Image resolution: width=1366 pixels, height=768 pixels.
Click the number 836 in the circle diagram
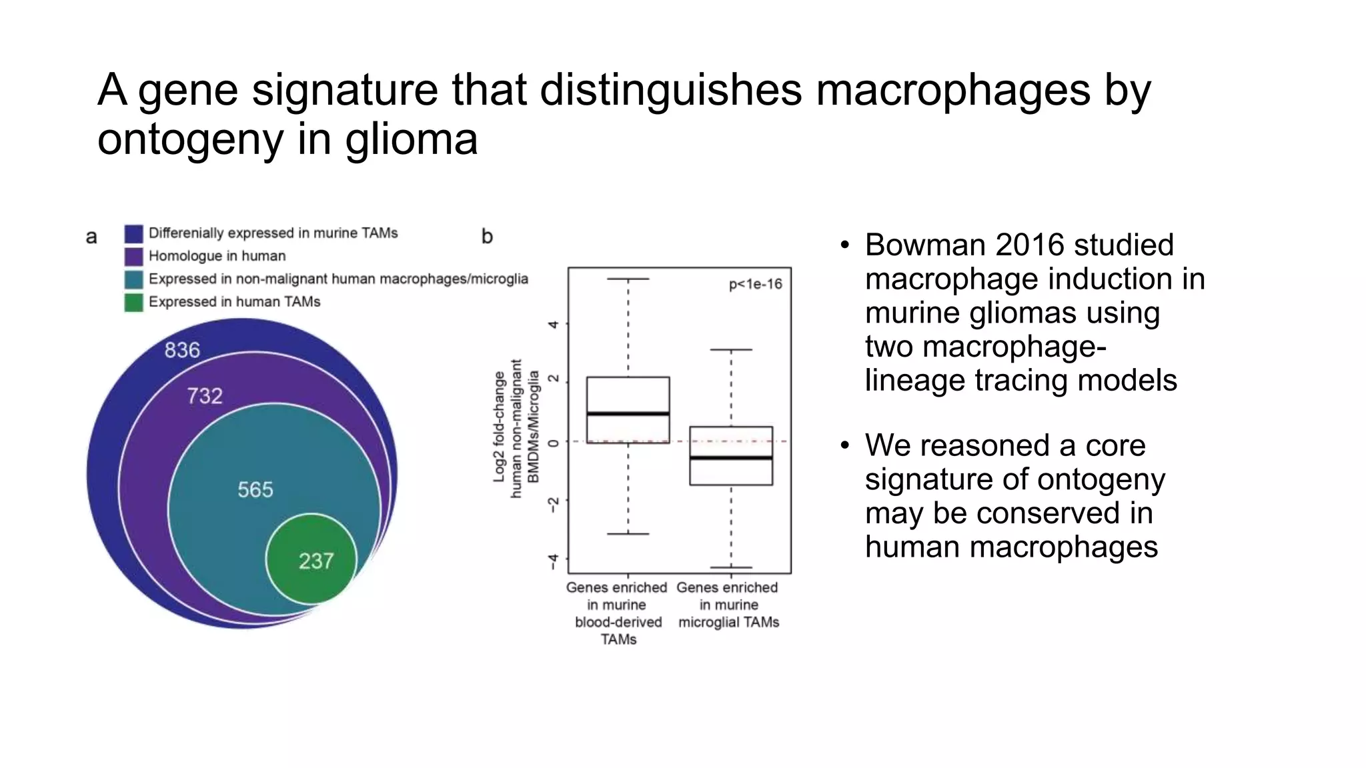pyautogui.click(x=182, y=350)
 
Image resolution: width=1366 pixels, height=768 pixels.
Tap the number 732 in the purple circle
pyautogui.click(x=204, y=396)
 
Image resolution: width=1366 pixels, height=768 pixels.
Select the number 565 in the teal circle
pyautogui.click(x=255, y=490)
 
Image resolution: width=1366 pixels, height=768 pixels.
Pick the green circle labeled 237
pyautogui.click(x=312, y=559)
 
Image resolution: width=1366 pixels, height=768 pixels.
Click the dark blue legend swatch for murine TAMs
pyautogui.click(x=133, y=233)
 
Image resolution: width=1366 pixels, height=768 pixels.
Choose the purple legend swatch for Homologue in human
pyautogui.click(x=133, y=256)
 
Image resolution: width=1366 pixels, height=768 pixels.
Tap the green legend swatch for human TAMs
pyautogui.click(x=133, y=302)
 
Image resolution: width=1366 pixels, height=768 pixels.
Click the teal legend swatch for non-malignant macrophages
pyautogui.click(x=133, y=279)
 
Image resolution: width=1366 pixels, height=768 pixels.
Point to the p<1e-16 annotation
pyautogui.click(x=755, y=285)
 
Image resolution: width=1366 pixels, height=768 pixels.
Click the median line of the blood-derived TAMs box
pyautogui.click(x=628, y=414)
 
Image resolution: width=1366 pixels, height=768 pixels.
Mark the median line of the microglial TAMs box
pyautogui.click(x=731, y=458)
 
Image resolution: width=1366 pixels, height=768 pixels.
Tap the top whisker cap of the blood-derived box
pyautogui.click(x=628, y=279)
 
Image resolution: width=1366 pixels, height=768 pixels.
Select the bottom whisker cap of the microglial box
pyautogui.click(x=731, y=567)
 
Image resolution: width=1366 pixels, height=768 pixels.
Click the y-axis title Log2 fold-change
pyautogui.click(x=499, y=427)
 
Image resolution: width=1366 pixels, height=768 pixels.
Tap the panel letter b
pyautogui.click(x=487, y=237)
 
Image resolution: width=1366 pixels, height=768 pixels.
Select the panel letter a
pyautogui.click(x=91, y=237)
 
